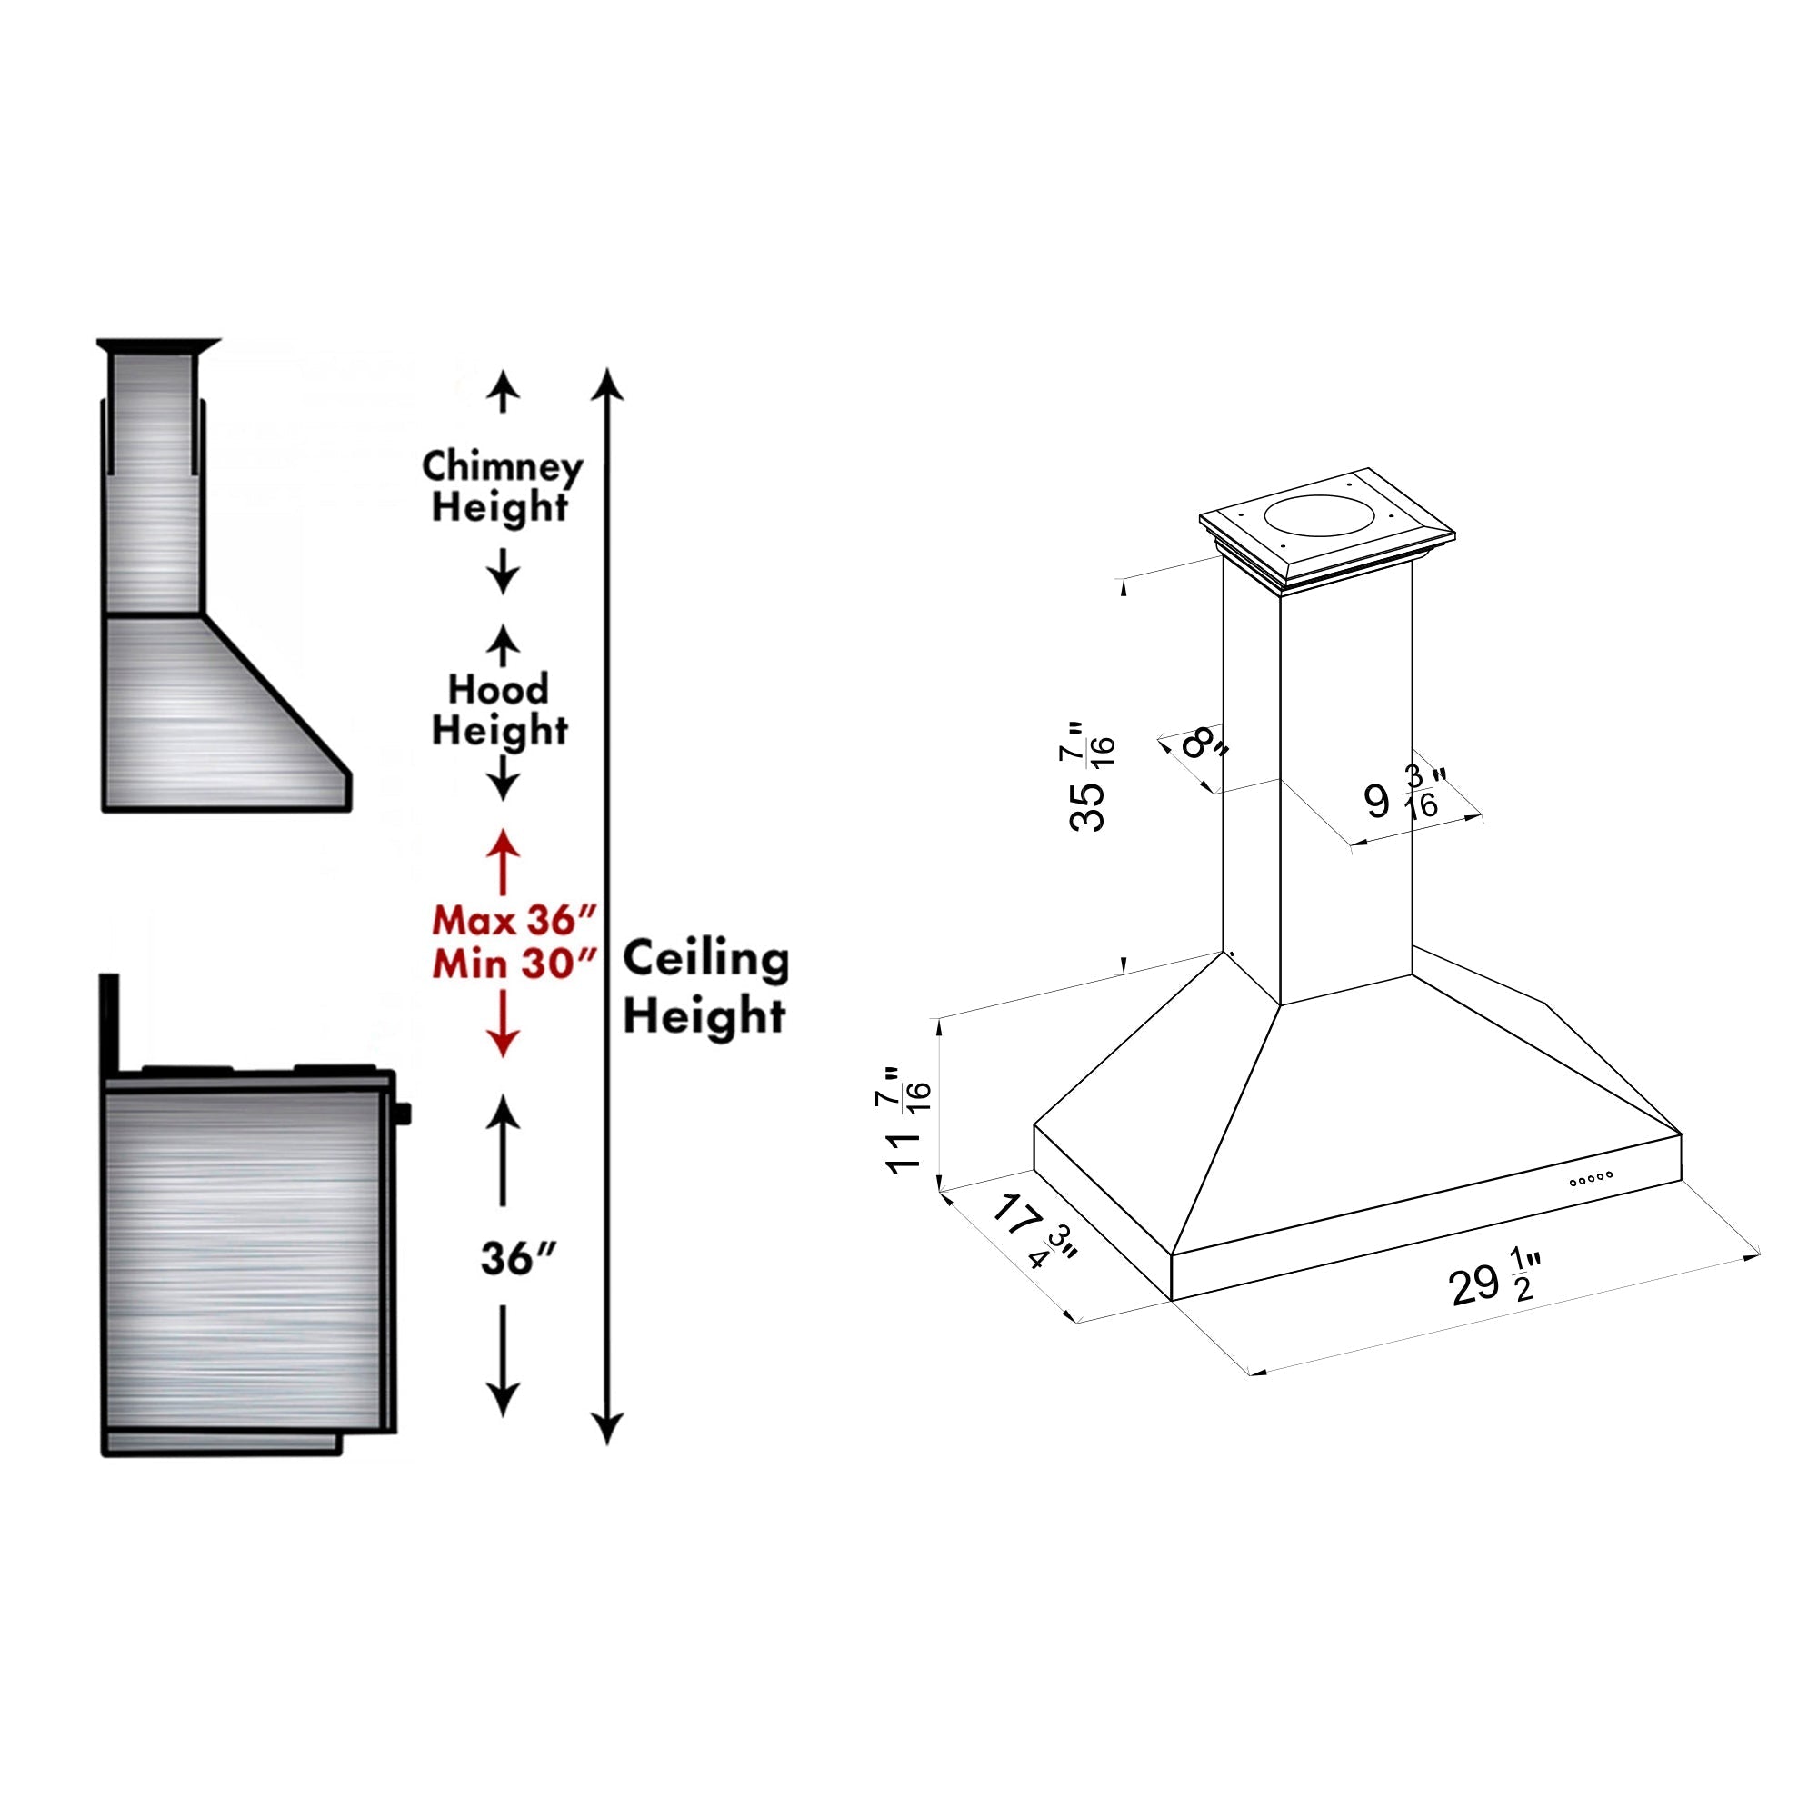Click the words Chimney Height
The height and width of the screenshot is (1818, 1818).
[501, 486]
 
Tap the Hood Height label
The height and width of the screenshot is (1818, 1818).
[499, 711]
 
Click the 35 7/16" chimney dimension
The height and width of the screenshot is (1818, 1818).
[1092, 776]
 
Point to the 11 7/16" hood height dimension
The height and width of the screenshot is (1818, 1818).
[908, 1120]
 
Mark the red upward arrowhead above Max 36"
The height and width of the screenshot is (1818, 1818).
[504, 844]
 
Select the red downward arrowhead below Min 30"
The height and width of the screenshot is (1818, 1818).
[504, 1043]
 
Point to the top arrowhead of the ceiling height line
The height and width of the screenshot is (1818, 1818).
[610, 383]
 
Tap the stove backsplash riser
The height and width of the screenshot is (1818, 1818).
[109, 1025]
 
